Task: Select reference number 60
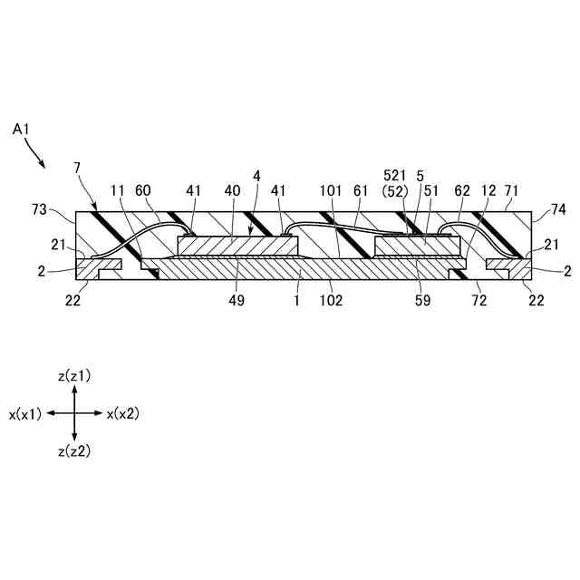(142, 191)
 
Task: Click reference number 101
(330, 191)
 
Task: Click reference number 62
(463, 191)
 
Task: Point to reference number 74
(558, 210)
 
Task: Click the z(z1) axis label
(73, 375)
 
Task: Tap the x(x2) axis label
(122, 413)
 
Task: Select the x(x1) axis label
(24, 413)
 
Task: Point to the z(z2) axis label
(73, 450)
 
